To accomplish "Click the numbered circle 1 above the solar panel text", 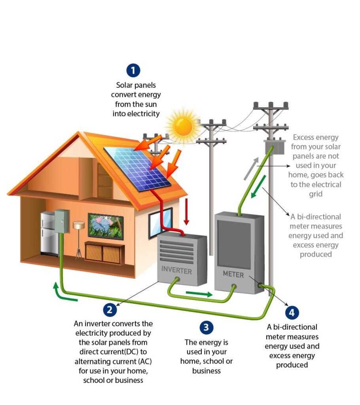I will pyautogui.click(x=133, y=71).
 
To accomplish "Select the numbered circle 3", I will pyautogui.click(x=206, y=327).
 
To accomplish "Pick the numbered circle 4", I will pyautogui.click(x=292, y=312).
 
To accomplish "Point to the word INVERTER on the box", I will pyautogui.click(x=176, y=271).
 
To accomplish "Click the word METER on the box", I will pyautogui.click(x=233, y=274).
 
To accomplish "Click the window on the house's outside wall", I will pyautogui.click(x=160, y=222).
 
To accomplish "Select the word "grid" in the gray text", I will pyautogui.click(x=315, y=194).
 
